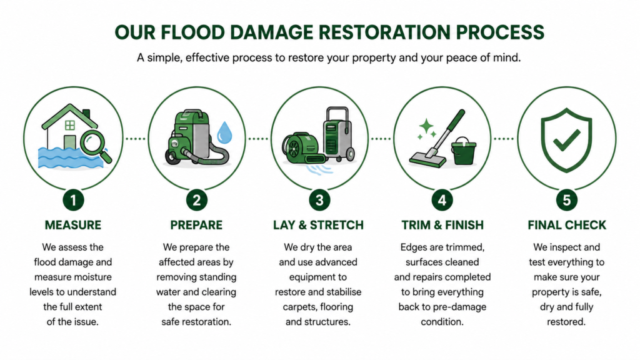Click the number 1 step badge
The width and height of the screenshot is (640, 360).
tap(74, 200)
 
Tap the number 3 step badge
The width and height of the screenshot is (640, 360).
tap(319, 200)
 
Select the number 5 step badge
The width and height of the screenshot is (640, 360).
tap(566, 200)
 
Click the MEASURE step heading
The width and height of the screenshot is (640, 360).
tap(73, 225)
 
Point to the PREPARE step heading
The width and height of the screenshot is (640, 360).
tap(196, 225)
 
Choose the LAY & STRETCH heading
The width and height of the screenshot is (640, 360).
tap(318, 225)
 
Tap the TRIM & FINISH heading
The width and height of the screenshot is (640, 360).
tap(442, 225)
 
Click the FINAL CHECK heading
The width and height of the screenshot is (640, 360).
tap(567, 225)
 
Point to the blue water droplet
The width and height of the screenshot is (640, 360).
tap(224, 132)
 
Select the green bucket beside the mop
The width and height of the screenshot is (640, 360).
tap(463, 151)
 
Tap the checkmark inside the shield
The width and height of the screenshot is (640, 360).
tap(566, 139)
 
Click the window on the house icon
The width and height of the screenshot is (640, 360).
tap(70, 125)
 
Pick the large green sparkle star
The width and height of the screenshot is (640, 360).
tap(426, 126)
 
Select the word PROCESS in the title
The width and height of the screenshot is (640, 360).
tap(500, 32)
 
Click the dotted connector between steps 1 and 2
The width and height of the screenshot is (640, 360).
tap(136, 139)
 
